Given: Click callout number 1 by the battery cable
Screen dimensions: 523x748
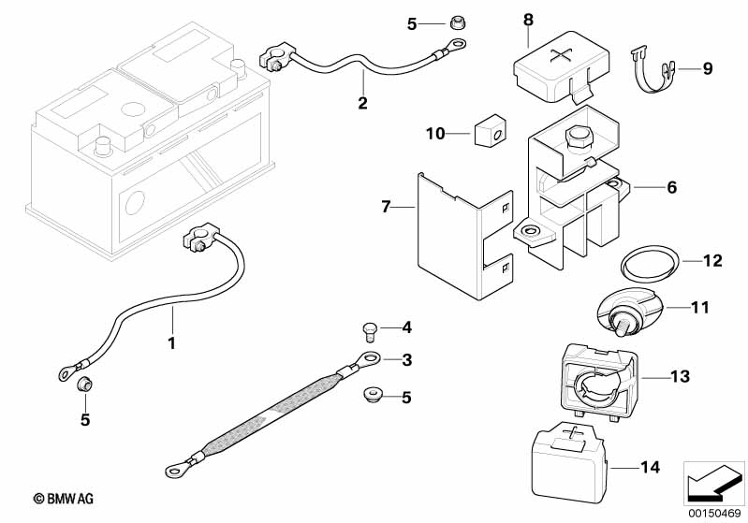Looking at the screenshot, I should [171, 343].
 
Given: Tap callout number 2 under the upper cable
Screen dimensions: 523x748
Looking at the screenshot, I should [362, 103].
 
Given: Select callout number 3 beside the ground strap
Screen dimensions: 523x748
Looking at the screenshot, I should [406, 360].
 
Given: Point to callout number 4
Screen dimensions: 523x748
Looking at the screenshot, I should [406, 327].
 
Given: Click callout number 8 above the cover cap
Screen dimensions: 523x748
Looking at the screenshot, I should [528, 19].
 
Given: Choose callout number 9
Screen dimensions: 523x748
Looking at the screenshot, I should [708, 68].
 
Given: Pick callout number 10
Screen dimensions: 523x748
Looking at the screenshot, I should [435, 134].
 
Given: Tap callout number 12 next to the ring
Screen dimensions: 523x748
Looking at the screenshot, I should [713, 260].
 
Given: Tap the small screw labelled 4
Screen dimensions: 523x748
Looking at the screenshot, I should [368, 328].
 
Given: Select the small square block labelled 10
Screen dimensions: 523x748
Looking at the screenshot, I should [490, 132].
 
